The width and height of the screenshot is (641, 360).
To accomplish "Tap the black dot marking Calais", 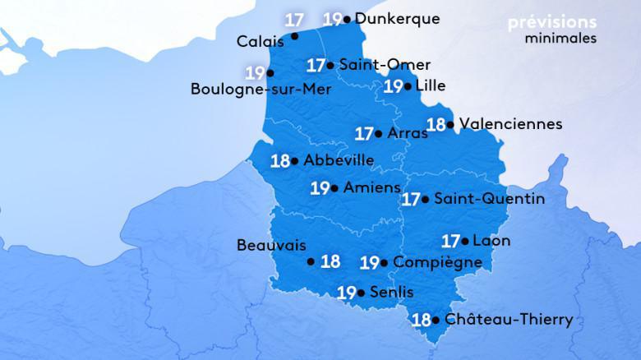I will (295, 36).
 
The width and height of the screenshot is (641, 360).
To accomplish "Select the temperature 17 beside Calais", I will (293, 17).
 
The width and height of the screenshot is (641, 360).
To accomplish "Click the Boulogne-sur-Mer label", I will (261, 90).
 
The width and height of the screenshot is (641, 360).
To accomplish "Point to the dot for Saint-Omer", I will (330, 65).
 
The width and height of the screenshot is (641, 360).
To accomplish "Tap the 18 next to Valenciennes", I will (437, 125).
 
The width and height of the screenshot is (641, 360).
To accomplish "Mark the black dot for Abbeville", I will (295, 161).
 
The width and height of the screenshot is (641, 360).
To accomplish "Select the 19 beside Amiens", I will (320, 188).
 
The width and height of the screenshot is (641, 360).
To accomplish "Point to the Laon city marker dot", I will (466, 242).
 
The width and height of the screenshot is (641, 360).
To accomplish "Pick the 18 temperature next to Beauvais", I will (330, 262).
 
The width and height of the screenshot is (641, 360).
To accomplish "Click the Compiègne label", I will (438, 262).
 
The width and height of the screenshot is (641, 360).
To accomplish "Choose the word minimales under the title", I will (560, 38).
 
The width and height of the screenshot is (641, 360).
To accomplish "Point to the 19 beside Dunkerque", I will (333, 18).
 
